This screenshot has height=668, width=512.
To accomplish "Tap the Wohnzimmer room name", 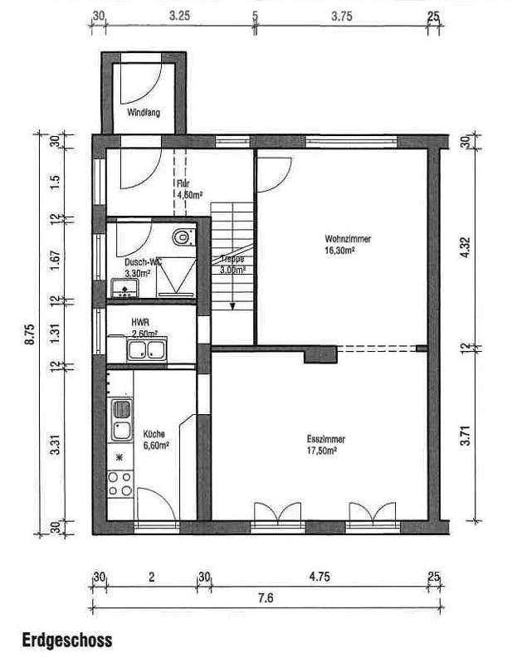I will pos(348,239).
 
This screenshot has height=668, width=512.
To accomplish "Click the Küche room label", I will pos(154,434).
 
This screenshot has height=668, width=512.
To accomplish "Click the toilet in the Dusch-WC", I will pos(182,238).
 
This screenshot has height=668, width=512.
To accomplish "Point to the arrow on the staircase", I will pos(233,304).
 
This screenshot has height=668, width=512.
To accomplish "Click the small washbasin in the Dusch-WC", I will pos(124,288).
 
